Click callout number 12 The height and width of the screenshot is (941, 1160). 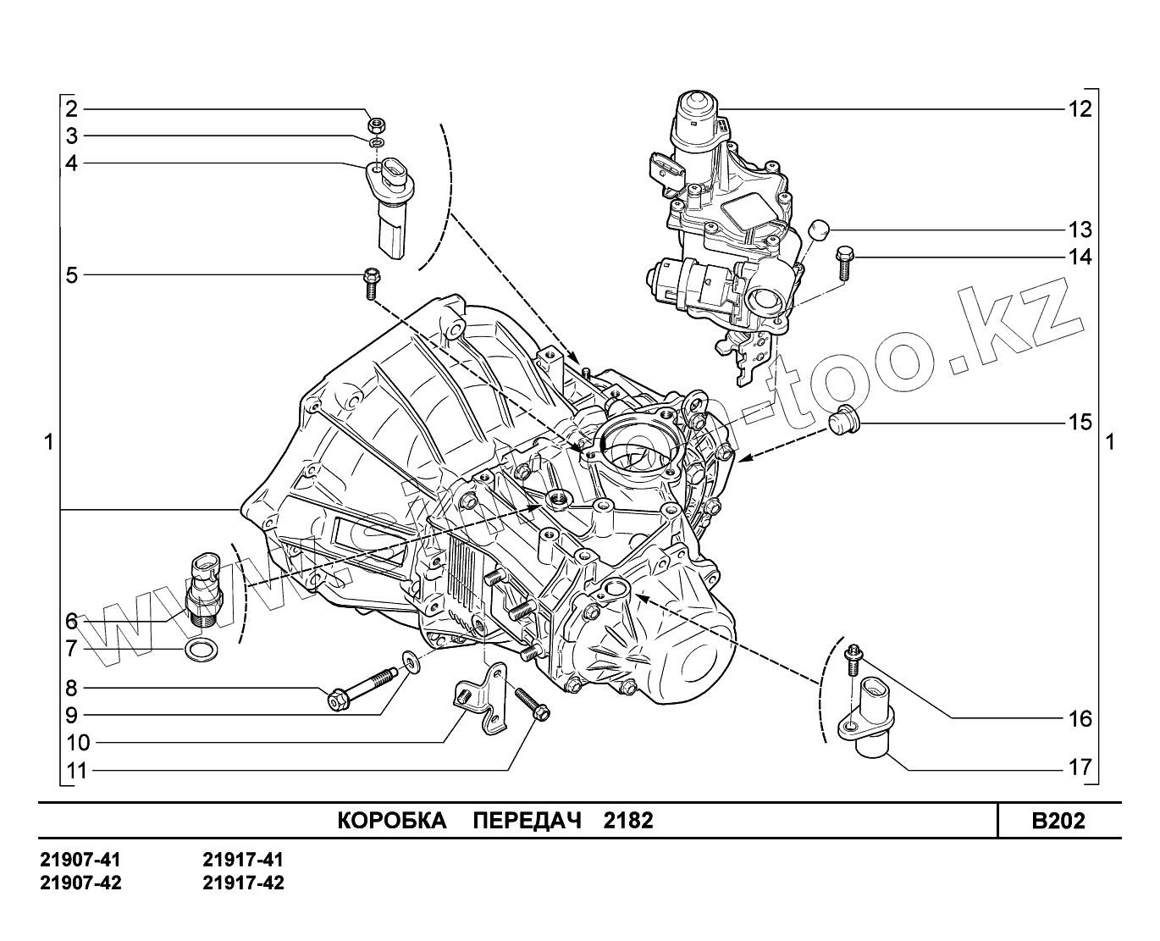pyautogui.click(x=1080, y=108)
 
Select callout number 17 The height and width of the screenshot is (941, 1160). pyautogui.click(x=1080, y=768)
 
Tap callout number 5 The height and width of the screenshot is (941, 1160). pyautogui.click(x=72, y=275)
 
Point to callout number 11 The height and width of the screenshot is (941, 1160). pyautogui.click(x=76, y=771)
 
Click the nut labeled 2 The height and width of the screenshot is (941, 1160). pyautogui.click(x=376, y=124)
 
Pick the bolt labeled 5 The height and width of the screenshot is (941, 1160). pyautogui.click(x=371, y=282)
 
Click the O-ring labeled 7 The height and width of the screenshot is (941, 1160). pyautogui.click(x=201, y=650)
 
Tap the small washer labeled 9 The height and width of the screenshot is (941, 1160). pyautogui.click(x=410, y=659)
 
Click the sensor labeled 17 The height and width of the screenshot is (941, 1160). pyautogui.click(x=872, y=720)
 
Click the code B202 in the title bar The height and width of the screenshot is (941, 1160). pyautogui.click(x=1058, y=821)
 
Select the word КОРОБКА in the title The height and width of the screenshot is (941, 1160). pyautogui.click(x=392, y=821)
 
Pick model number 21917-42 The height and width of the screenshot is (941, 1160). pyautogui.click(x=244, y=883)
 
